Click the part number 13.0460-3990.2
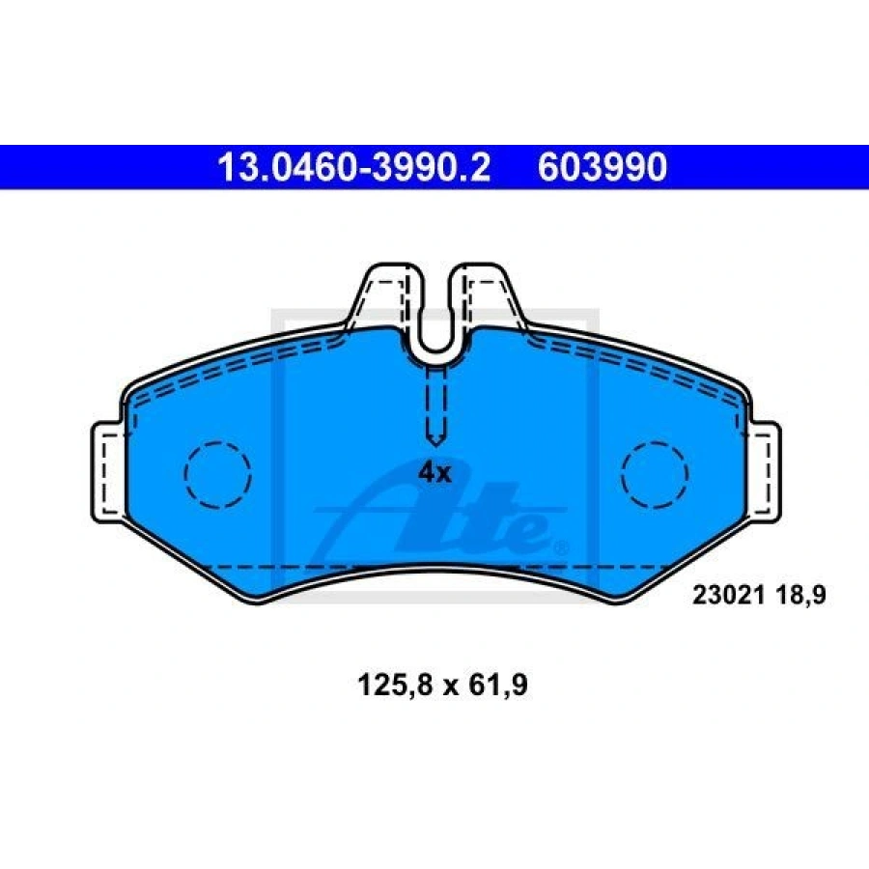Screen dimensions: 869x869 [353, 167]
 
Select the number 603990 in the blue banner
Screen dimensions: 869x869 [603, 167]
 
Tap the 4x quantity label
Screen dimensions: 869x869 [435, 473]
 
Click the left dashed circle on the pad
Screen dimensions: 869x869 [218, 474]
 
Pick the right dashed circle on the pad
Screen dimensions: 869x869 [655, 474]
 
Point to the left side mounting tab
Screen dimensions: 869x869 [108, 472]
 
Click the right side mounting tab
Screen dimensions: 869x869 [765, 472]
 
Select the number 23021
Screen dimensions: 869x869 [729, 595]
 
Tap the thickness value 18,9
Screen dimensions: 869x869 [800, 595]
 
